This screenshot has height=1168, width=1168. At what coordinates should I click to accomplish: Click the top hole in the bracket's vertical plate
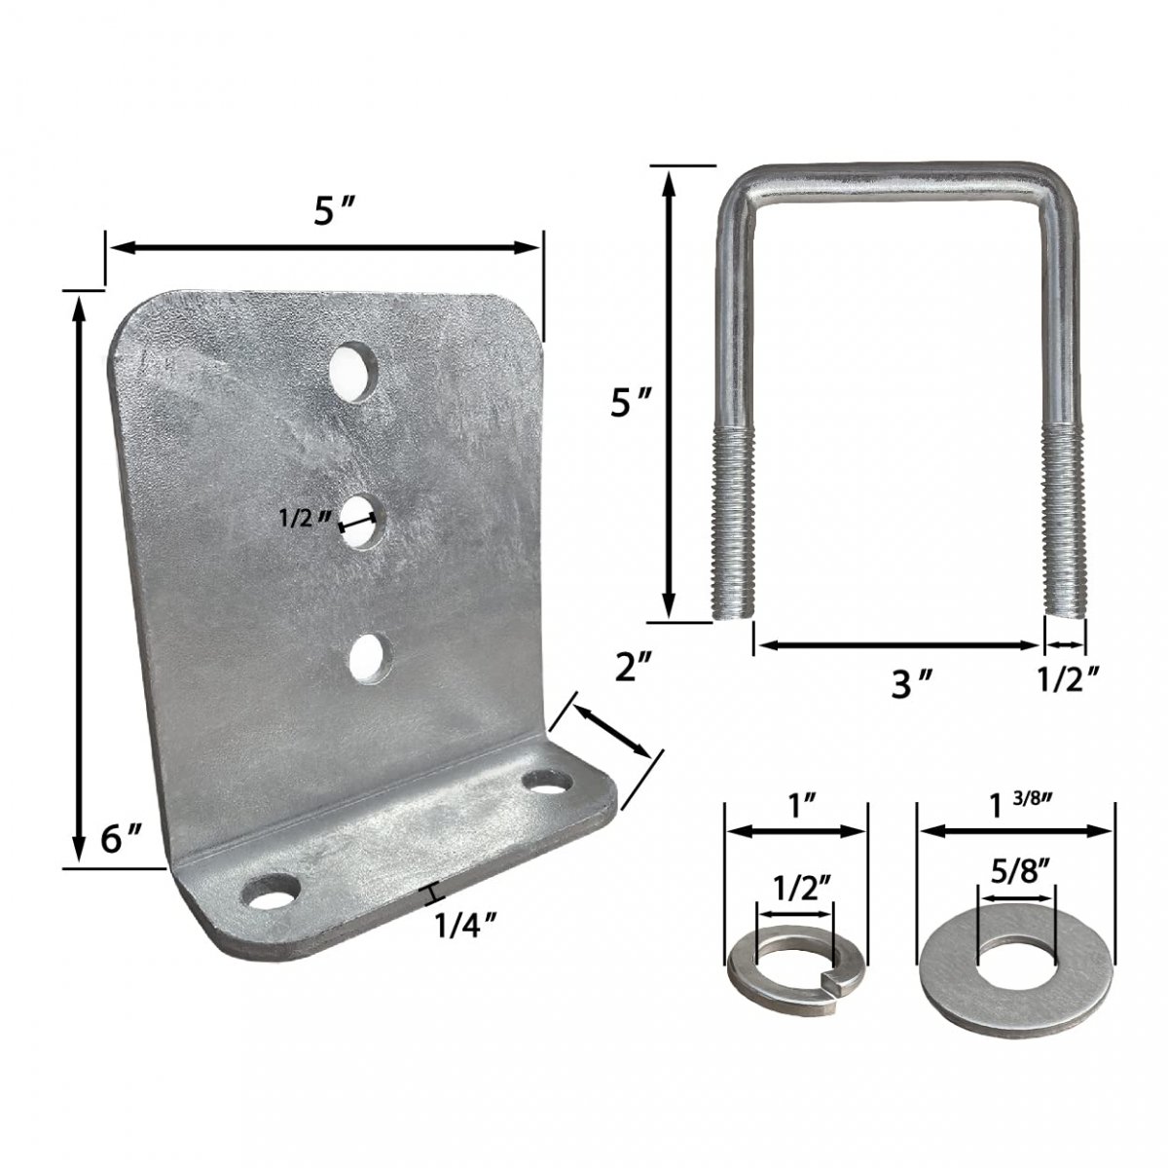pos(353,372)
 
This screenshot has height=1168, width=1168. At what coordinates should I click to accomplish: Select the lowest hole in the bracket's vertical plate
pos(370,660)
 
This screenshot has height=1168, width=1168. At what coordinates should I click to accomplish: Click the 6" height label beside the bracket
pos(122,840)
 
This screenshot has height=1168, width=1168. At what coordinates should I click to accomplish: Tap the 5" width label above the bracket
pos(334,214)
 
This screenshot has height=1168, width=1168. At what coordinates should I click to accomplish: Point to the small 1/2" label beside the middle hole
pos(306,520)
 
